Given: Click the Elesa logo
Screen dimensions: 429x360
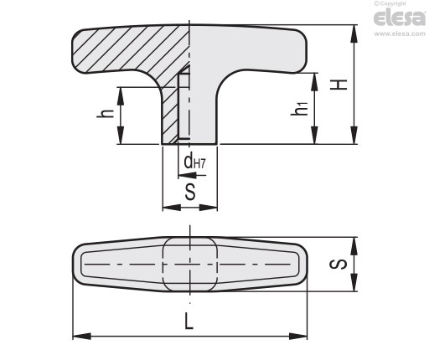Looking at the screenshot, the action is point(399,18).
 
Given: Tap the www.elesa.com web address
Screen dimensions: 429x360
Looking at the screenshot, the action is point(400,33).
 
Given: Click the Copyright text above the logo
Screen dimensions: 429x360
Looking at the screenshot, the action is point(390,3).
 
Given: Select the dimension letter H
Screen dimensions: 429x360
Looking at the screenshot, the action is point(339,85).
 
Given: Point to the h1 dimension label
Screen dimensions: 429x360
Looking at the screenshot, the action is point(299,108).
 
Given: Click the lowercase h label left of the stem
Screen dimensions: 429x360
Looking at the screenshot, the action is point(105,113).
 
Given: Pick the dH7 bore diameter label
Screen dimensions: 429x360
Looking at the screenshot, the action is point(194,162).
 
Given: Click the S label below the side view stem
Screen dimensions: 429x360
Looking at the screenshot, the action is point(190,192).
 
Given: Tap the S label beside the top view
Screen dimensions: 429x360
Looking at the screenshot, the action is point(338,264).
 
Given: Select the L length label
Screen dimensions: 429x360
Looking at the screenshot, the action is point(189,321).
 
